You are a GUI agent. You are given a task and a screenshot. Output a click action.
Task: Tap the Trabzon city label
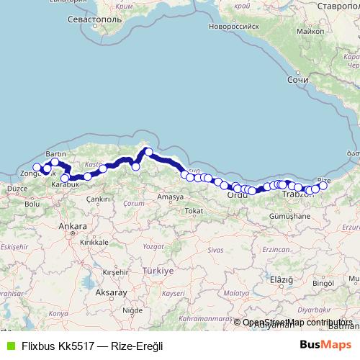tap(294, 195)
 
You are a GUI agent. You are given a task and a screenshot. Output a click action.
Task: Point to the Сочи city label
tap(297, 81)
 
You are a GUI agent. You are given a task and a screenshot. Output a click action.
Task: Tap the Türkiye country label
tap(158, 271)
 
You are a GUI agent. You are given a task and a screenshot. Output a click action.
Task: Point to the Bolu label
tap(32, 204)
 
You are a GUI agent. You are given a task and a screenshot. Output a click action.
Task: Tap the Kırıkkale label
tap(94, 243)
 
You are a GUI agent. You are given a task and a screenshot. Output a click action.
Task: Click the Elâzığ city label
tap(279, 279)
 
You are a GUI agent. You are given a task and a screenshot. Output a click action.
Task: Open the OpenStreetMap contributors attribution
tap(297, 323)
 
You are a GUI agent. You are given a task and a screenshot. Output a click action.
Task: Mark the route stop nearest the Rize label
tap(323, 186)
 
